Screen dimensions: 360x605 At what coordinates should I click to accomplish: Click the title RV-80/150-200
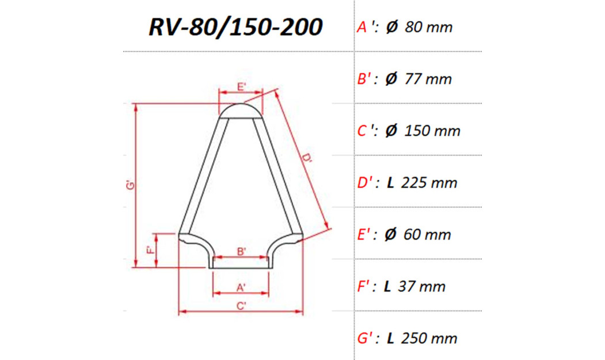pos(235,27)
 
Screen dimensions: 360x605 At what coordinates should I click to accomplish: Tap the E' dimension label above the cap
pos(242,88)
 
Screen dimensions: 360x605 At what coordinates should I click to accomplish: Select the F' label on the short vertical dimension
pos(150,250)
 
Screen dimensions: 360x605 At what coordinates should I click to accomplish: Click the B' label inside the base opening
pos(242,251)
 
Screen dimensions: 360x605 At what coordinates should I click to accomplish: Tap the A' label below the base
pos(242,286)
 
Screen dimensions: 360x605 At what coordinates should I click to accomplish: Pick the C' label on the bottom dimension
pos(242,306)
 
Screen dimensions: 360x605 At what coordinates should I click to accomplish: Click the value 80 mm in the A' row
pos(429,27)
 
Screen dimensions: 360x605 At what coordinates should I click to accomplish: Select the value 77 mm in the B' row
pos(428,79)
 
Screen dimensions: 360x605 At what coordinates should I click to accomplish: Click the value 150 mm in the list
pos(432,131)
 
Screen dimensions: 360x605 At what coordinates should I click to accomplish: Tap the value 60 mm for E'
pos(428,234)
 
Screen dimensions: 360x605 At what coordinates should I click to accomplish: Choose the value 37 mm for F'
pos(423,286)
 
